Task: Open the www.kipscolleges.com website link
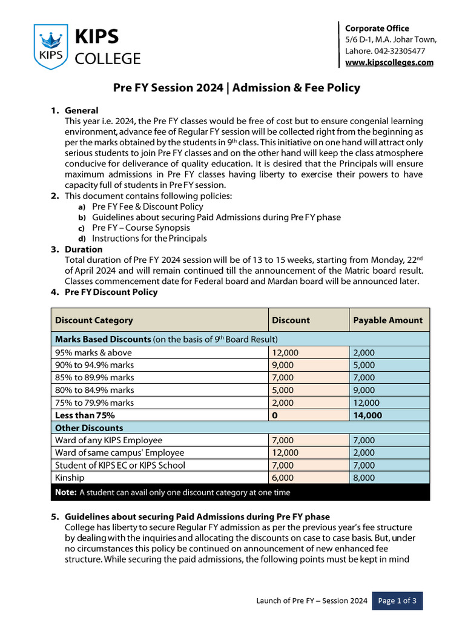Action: click(389, 62)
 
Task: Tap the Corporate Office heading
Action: click(377, 28)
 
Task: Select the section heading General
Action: click(81, 111)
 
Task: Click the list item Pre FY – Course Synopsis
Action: click(140, 228)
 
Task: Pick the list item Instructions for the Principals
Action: click(149, 239)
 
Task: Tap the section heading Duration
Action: click(84, 249)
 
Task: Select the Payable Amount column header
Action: click(387, 320)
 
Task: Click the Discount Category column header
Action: click(94, 320)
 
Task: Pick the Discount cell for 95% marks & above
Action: click(285, 352)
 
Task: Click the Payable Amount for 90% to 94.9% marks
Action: click(364, 365)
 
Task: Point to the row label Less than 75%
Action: click(85, 415)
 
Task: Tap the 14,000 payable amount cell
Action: click(367, 415)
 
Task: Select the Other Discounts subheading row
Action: click(88, 428)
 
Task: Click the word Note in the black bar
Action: click(65, 492)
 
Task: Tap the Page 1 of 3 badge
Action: click(397, 601)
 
